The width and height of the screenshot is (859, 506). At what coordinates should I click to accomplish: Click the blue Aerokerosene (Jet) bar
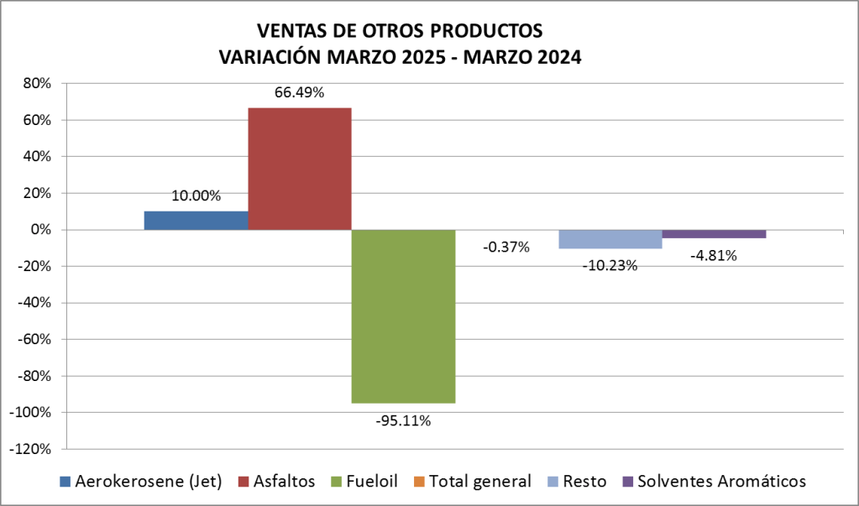[x=196, y=220]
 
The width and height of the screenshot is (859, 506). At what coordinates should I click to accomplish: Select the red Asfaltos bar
[x=299, y=168]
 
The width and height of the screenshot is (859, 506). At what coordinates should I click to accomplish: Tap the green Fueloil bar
[x=403, y=316]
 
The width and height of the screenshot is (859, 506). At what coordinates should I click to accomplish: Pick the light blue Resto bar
[x=610, y=239]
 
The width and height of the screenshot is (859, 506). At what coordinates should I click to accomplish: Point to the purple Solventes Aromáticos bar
[x=714, y=234]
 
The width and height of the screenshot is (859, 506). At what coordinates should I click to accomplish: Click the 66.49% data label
[x=299, y=93]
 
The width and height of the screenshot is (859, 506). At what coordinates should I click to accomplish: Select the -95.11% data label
[x=403, y=420]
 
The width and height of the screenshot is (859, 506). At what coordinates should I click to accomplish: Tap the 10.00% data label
[x=196, y=196]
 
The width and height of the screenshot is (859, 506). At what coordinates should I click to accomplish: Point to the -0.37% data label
[x=506, y=247]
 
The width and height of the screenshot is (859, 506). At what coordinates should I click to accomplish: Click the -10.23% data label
[x=610, y=265]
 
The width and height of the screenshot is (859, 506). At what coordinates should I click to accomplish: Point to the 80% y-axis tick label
[x=38, y=84]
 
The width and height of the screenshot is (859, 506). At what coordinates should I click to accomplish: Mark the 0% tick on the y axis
[x=42, y=230]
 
